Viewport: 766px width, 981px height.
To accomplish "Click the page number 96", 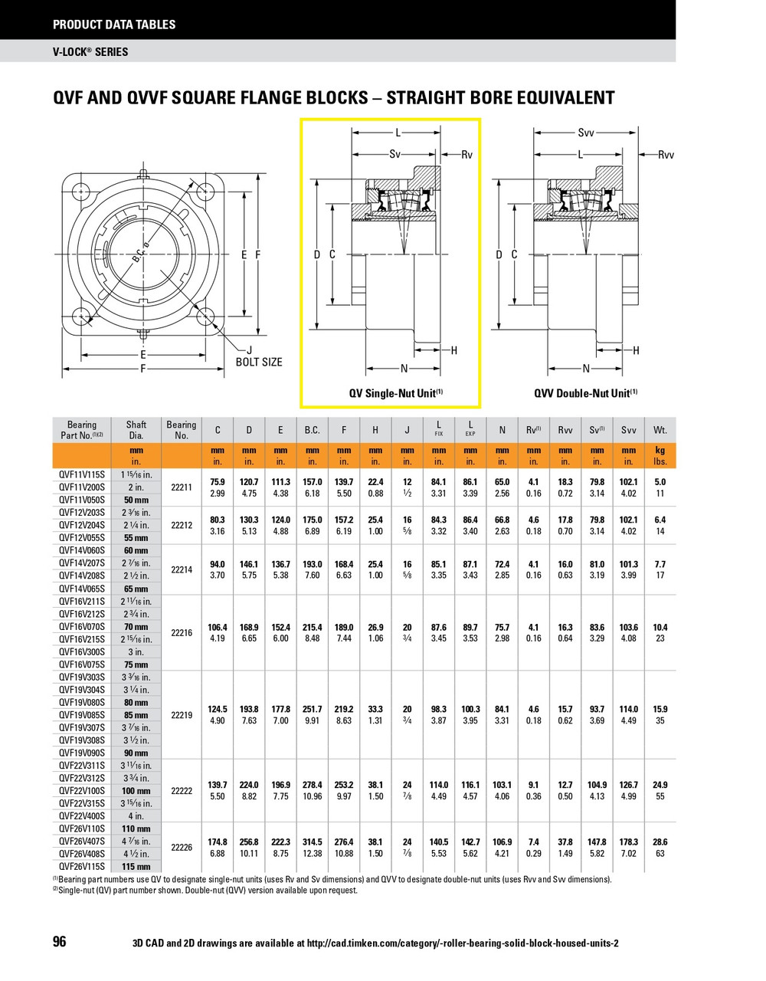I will click(60, 942).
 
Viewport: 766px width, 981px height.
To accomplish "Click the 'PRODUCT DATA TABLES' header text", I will click(114, 25).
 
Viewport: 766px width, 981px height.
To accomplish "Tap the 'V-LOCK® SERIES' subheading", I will click(90, 52).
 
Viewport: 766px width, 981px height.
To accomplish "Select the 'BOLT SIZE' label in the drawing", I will click(258, 362).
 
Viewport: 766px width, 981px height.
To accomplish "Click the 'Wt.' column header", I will click(660, 431).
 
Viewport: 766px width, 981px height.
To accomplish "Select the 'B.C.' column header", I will click(313, 431).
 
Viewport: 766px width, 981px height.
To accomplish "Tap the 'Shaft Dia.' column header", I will click(136, 430).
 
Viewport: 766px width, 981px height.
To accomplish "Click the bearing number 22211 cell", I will click(182, 487).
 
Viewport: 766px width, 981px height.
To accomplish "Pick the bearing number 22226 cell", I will click(182, 847).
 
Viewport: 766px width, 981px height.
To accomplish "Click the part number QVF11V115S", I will click(82, 474).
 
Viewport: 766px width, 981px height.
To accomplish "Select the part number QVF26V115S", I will click(82, 866).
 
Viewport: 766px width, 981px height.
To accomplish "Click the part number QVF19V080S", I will click(82, 702).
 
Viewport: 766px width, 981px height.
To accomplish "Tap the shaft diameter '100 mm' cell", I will click(136, 790).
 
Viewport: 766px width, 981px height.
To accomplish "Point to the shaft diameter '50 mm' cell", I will click(136, 500).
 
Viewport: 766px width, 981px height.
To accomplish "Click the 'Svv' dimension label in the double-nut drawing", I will click(586, 133).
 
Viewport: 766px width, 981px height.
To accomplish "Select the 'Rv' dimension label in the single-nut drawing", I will click(466, 155).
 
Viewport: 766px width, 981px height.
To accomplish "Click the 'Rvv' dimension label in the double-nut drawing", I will click(666, 155).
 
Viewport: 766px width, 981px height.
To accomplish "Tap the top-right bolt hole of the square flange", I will click(205, 191).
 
